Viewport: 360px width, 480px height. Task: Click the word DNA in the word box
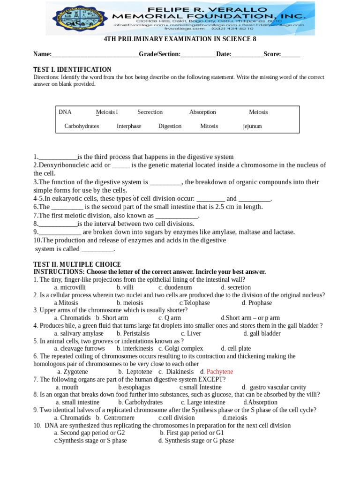(x=65, y=112)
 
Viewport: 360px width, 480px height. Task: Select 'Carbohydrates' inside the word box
(x=82, y=126)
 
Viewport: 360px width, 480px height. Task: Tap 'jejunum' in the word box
(x=252, y=126)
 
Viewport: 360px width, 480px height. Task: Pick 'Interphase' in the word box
(x=129, y=126)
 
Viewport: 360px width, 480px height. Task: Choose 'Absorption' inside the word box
(x=202, y=112)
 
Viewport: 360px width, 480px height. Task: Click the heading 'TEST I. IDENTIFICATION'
(x=72, y=69)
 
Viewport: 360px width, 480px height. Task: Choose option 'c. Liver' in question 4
(x=191, y=333)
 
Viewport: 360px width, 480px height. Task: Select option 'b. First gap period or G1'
(x=192, y=433)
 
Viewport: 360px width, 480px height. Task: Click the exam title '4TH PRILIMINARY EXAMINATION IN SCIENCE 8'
(x=180, y=39)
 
